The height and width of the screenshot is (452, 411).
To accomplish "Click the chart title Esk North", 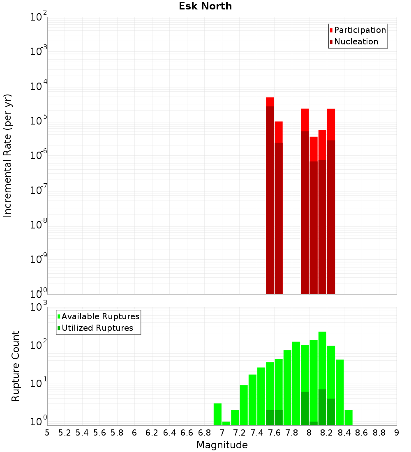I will click(205, 6).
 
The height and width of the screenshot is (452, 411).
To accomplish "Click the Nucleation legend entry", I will click(356, 42).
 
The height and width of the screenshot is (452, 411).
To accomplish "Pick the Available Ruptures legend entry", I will click(100, 316).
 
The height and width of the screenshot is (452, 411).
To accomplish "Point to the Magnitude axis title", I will click(222, 445).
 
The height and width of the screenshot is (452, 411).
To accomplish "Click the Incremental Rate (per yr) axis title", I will click(8, 156).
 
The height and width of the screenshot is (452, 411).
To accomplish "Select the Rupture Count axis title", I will click(16, 366).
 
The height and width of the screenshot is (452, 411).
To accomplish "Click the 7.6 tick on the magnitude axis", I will click(274, 432).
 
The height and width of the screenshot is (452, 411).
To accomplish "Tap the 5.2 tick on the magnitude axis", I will click(65, 432).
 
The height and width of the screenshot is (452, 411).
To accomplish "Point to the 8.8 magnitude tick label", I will click(379, 432).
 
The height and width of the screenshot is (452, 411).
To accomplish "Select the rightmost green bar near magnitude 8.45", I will click(349, 417).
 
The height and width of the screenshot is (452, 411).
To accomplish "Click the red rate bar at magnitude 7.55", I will click(270, 197).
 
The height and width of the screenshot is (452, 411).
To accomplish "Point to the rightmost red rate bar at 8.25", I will click(331, 205).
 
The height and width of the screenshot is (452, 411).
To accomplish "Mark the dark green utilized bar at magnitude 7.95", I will click(305, 408).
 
